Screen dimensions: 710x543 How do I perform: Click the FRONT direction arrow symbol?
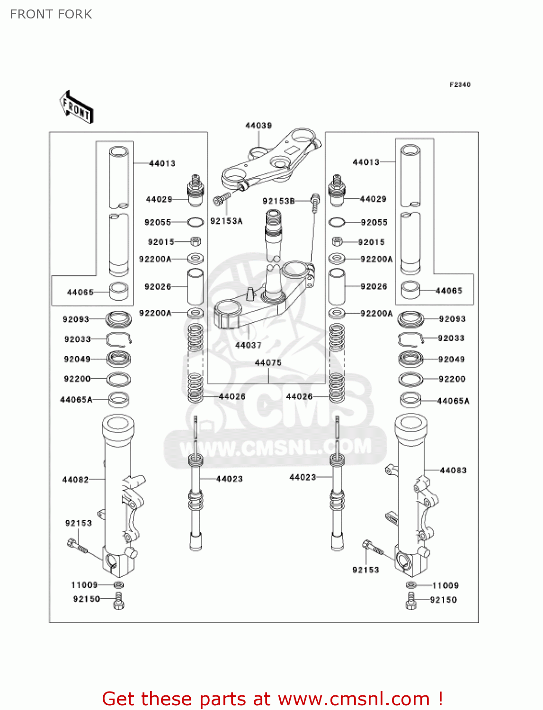pyautogui.click(x=76, y=107)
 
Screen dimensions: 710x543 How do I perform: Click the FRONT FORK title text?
pyautogui.click(x=51, y=14)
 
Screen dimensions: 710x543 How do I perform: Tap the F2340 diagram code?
pyautogui.click(x=460, y=85)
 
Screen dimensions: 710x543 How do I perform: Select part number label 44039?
pyautogui.click(x=258, y=125)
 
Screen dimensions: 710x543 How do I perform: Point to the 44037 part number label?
pyautogui.click(x=248, y=345)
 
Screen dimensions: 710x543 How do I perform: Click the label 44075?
pyautogui.click(x=268, y=363)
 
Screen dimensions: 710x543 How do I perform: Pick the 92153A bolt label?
pyautogui.click(x=226, y=221)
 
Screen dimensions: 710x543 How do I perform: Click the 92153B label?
pyautogui.click(x=278, y=201)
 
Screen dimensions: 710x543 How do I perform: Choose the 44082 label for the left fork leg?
pyautogui.click(x=75, y=479)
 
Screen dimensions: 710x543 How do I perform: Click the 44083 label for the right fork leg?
pyautogui.click(x=453, y=470)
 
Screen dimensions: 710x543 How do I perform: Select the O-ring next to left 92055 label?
pyautogui.click(x=196, y=222)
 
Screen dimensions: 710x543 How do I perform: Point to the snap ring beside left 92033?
pyautogui.click(x=118, y=339)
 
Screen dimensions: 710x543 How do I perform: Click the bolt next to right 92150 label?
pyautogui.click(x=411, y=600)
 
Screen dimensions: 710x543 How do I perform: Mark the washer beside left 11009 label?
pyautogui.click(x=119, y=585)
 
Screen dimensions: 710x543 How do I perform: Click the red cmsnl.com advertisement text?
pyautogui.click(x=272, y=699)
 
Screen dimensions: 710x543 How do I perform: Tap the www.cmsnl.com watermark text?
pyautogui.click(x=276, y=447)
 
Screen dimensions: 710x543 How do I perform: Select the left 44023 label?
pyautogui.click(x=229, y=479)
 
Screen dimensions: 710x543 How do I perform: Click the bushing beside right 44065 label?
pyautogui.click(x=410, y=290)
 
